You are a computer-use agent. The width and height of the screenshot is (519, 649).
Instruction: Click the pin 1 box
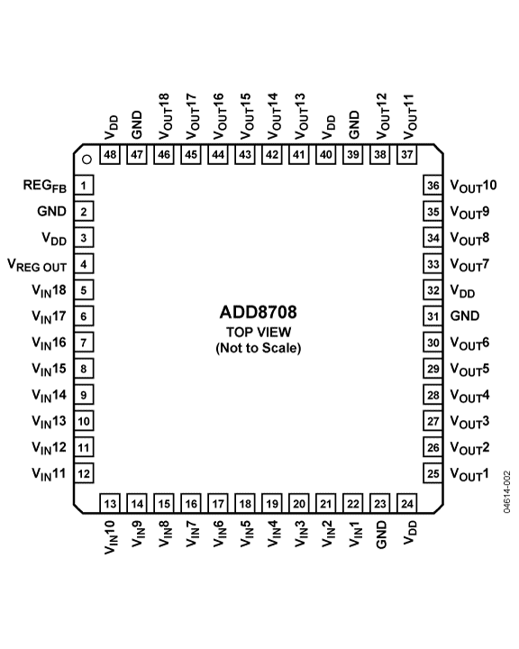point(84,185)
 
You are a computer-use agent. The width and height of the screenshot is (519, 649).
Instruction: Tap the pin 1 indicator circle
point(86,160)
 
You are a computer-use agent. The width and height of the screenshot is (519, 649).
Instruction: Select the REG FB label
point(45,186)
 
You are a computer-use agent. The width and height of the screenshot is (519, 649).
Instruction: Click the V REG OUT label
point(37,265)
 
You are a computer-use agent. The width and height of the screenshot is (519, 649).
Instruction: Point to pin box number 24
point(407,503)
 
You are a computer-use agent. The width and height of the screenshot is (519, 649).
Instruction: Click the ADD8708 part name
point(259,312)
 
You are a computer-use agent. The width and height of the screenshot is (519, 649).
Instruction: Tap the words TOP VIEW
point(259,332)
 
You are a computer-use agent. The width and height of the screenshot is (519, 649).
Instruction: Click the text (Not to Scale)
point(259,348)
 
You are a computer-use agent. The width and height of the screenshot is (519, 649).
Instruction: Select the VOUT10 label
point(473,186)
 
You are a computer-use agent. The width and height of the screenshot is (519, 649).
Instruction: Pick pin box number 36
point(432,185)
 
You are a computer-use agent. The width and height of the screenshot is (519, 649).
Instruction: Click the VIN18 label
point(49,291)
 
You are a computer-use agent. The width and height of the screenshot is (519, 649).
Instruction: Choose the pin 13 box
point(110,503)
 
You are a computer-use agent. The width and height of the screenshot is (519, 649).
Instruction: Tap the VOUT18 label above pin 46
point(164,116)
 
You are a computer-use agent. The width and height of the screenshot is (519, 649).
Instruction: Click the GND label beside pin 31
point(465,315)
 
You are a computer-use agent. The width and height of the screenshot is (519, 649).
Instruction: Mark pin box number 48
point(110,155)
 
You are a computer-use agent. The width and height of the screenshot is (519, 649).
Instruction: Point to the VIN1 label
point(356,534)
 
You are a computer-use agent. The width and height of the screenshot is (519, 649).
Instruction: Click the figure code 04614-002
point(507,492)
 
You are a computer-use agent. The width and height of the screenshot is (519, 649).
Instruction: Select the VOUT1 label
point(469,474)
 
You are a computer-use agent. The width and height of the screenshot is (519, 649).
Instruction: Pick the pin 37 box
point(407,155)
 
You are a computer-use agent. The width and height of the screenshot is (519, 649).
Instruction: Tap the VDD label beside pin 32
point(463,291)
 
